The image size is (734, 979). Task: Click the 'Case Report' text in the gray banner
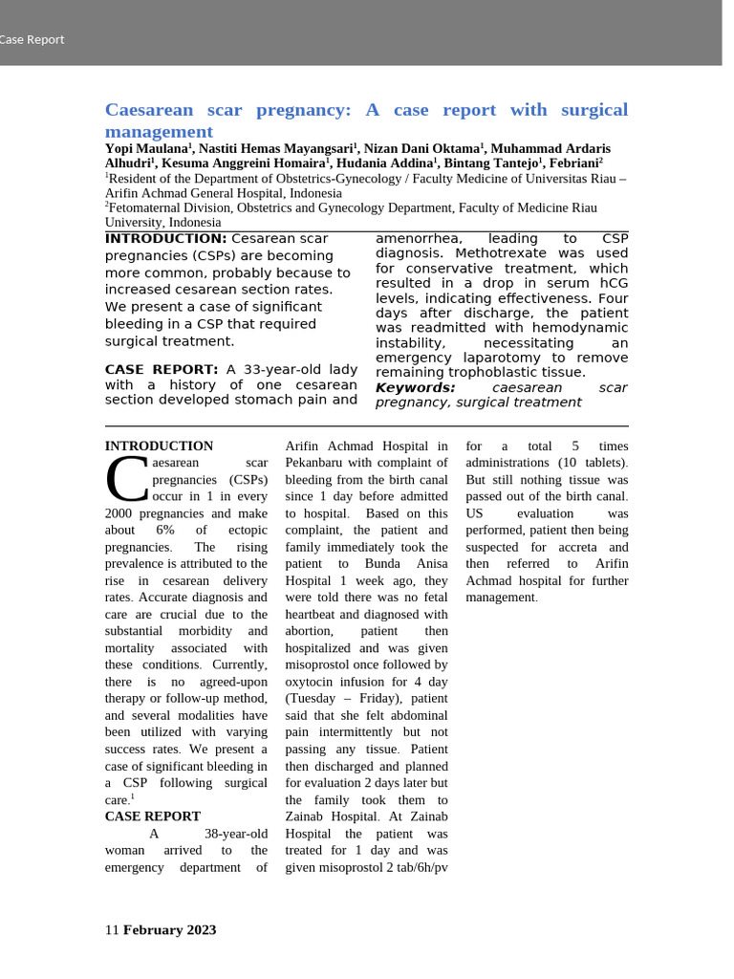(x=32, y=40)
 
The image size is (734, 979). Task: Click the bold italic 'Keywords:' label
(x=415, y=387)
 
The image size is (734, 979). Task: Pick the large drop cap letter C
(x=126, y=479)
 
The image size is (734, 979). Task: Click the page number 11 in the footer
(x=111, y=929)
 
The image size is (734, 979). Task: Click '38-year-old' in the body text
(x=236, y=834)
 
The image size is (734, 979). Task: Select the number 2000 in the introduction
(x=120, y=513)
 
